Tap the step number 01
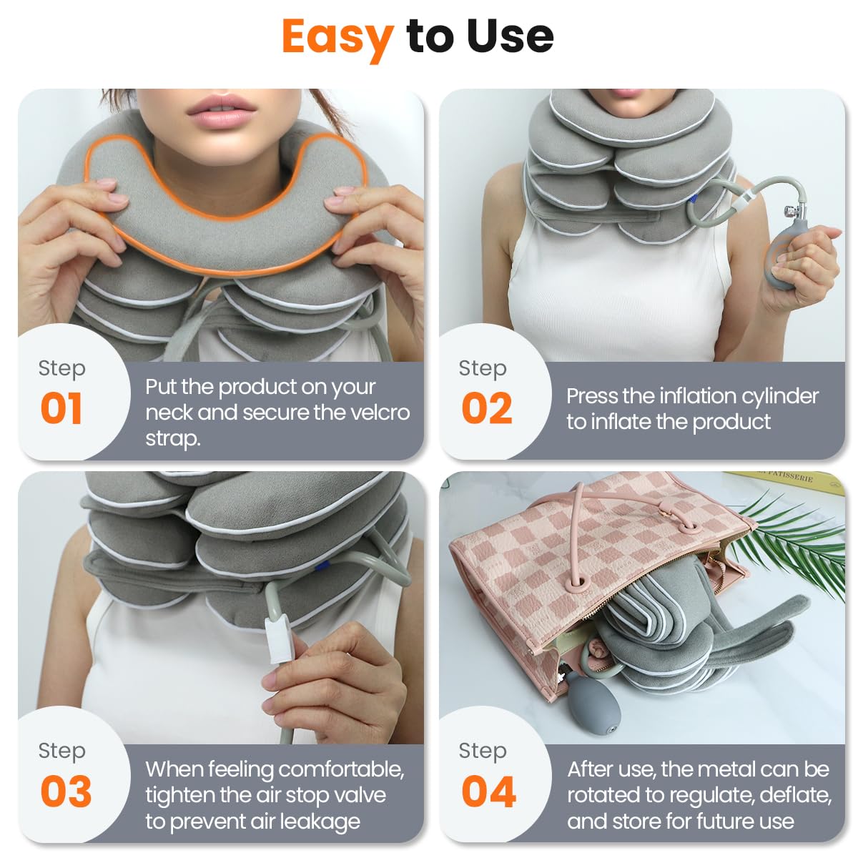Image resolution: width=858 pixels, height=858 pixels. click(61, 408)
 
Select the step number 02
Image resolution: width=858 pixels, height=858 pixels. click(486, 408)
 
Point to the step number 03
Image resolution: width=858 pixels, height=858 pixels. click(66, 791)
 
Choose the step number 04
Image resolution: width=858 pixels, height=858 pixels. click(488, 791)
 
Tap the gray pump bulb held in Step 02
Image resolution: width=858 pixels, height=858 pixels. click(786, 257)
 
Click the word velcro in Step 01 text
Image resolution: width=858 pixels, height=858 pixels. click(378, 413)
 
